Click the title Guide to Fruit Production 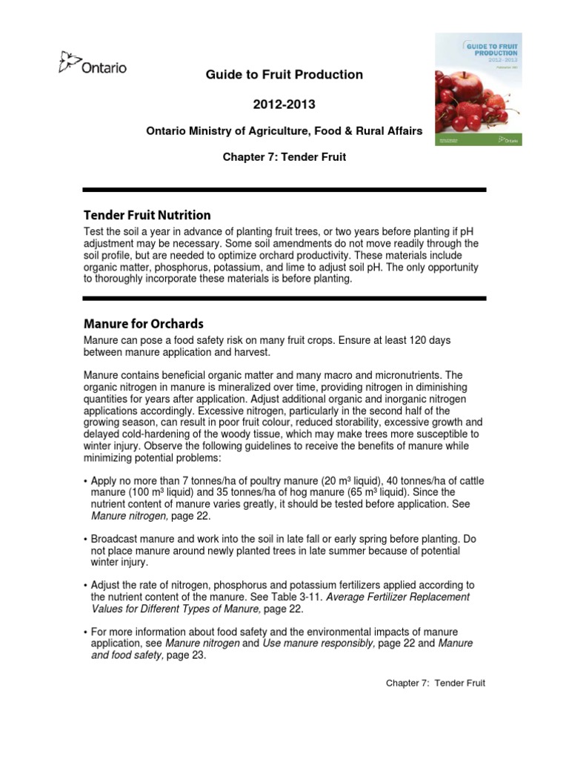(x=284, y=74)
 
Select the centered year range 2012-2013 (x=284, y=105)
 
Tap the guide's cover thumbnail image (x=478, y=89)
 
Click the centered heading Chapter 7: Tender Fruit (x=284, y=157)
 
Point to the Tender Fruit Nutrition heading (x=147, y=215)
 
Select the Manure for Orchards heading (x=143, y=324)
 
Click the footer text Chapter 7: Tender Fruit (x=435, y=683)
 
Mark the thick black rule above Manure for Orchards (x=284, y=299)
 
